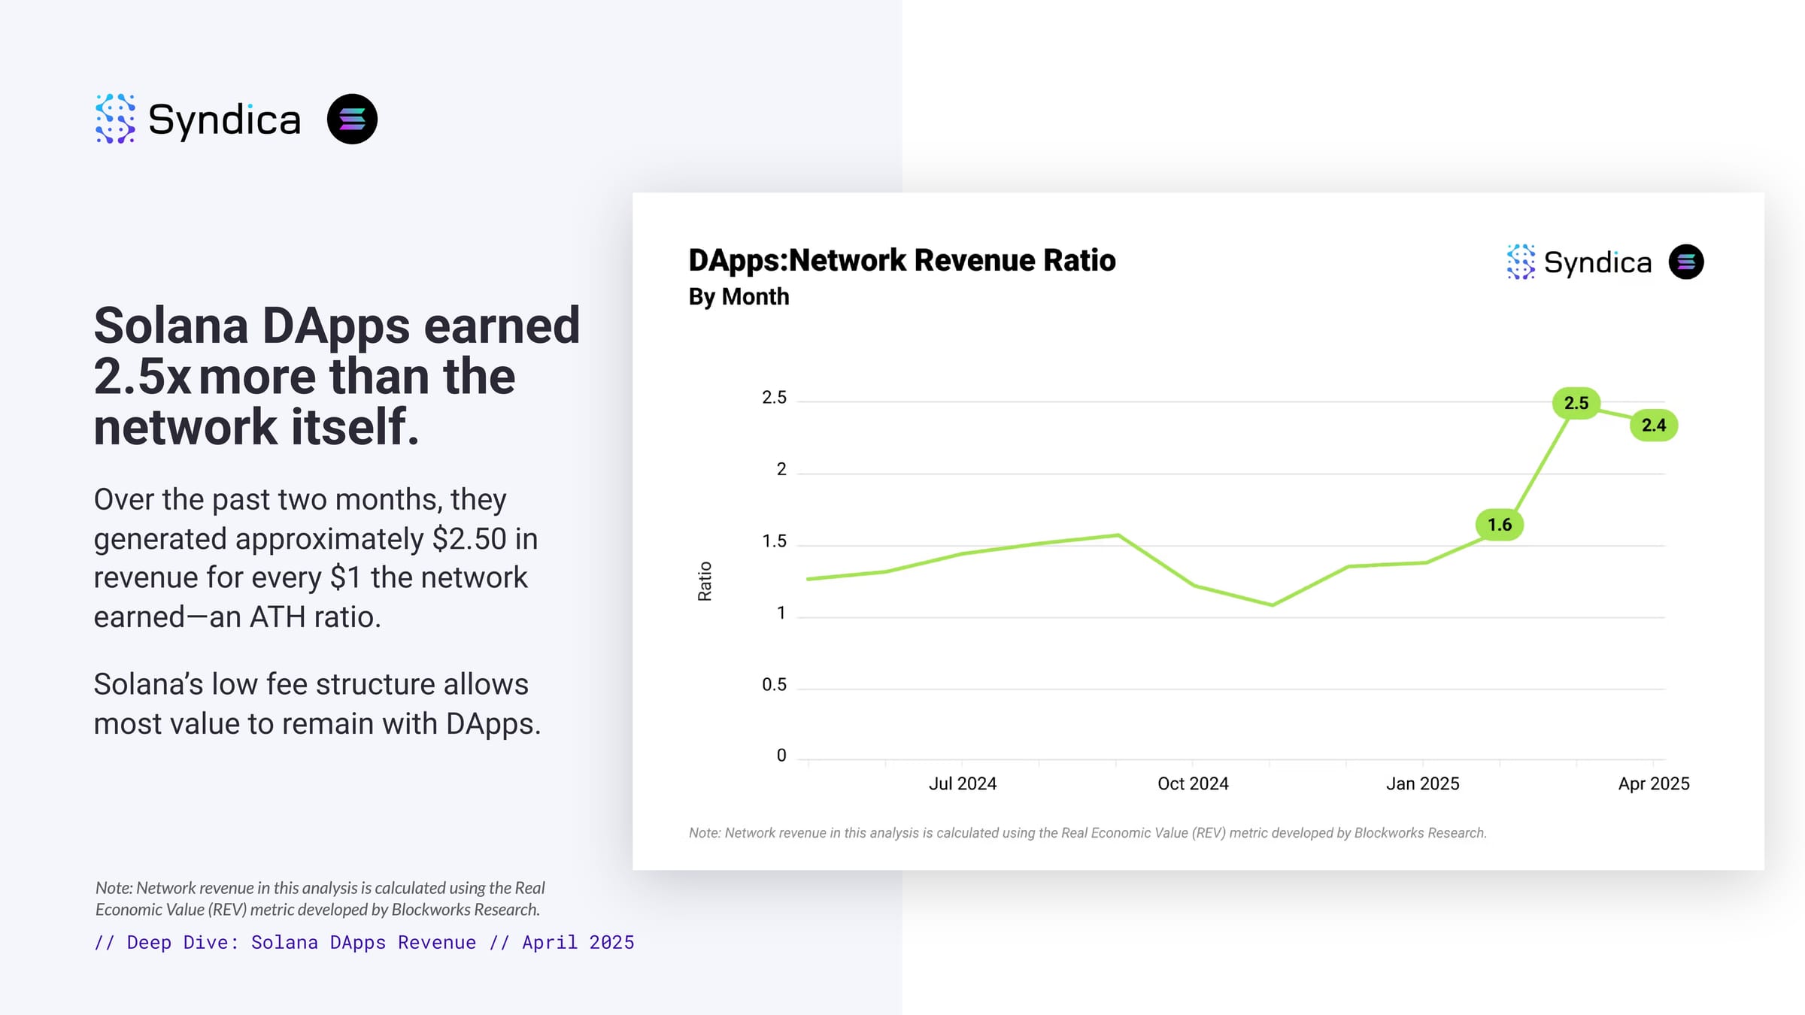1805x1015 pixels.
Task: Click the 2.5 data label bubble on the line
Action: point(1576,403)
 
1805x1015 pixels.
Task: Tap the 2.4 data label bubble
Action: point(1653,426)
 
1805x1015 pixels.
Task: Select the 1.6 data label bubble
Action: point(1499,525)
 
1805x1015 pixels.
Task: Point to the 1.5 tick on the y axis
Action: point(774,541)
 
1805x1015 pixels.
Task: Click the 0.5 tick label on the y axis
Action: point(774,685)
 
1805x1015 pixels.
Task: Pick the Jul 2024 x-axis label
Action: point(962,783)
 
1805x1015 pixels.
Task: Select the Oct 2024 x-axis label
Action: point(1193,783)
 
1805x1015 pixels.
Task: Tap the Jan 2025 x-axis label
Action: point(1422,783)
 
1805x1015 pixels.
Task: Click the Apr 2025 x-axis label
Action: point(1653,783)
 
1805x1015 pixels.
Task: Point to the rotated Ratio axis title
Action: point(705,581)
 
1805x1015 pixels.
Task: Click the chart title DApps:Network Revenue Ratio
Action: point(902,260)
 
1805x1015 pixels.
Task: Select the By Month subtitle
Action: point(739,297)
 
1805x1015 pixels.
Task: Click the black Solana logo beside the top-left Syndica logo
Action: point(352,119)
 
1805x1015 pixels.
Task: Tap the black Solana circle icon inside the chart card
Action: point(1685,262)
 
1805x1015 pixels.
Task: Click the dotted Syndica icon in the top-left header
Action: point(115,119)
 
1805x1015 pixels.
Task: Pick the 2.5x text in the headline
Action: point(142,377)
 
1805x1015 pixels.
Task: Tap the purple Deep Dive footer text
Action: point(364,943)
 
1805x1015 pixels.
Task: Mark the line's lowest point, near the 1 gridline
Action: point(1272,604)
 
